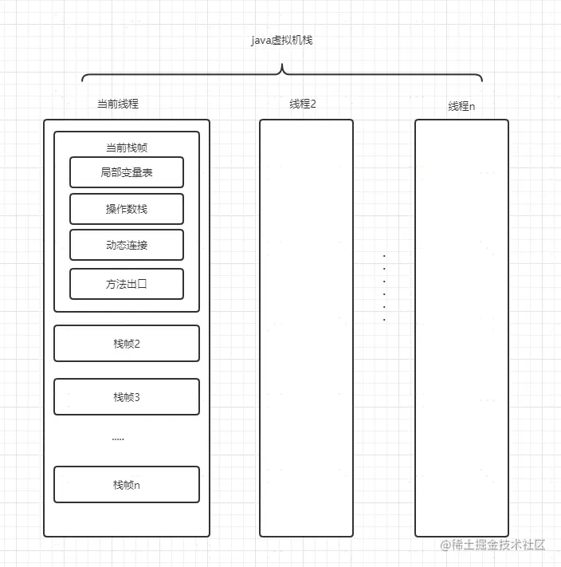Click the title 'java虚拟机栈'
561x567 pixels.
[281, 40]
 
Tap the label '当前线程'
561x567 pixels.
[117, 104]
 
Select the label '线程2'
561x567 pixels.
[303, 104]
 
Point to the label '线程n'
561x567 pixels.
[461, 107]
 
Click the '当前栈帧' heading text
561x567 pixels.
[126, 148]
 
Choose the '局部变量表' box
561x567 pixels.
[127, 172]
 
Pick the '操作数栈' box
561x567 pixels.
[127, 209]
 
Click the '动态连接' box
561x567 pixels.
[127, 245]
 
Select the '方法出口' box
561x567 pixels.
[127, 283]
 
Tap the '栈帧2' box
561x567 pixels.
[127, 344]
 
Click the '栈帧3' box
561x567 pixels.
[127, 397]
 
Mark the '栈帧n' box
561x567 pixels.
[127, 485]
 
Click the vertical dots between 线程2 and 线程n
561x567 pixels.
[384, 288]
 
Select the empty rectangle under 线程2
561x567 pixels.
[306, 328]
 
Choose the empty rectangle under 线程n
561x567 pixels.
[461, 328]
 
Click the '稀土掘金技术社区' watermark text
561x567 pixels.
[498, 545]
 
